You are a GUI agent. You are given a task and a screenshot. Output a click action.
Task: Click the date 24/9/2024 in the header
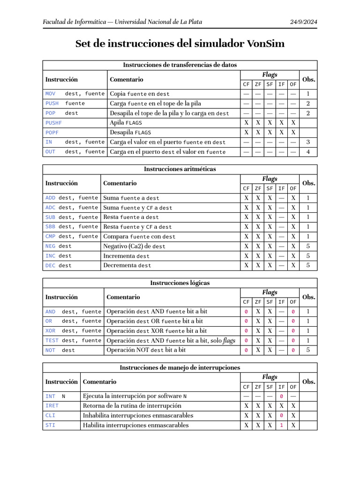tap(304, 22)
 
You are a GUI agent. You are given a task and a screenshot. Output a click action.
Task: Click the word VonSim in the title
tap(264, 44)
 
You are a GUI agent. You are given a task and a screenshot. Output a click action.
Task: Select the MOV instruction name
tap(50, 94)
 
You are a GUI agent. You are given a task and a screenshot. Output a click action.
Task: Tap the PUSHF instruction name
tap(53, 123)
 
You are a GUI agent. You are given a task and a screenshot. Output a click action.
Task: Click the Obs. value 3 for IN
tap(308, 142)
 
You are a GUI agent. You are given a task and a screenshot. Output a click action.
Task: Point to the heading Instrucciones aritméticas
tap(180, 169)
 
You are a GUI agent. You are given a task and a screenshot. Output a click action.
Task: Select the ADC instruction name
tap(50, 208)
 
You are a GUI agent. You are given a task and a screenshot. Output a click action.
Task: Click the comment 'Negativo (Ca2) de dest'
tap(134, 246)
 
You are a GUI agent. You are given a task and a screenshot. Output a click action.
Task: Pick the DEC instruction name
tap(50, 265)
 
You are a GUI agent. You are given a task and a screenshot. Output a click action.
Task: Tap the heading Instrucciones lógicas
tap(180, 283)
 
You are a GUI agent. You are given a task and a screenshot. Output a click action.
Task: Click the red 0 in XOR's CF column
tap(246, 331)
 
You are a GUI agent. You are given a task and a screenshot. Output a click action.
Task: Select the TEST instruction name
tap(52, 341)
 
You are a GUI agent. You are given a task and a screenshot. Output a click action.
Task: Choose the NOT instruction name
tap(50, 350)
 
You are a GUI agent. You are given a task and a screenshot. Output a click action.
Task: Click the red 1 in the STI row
tap(281, 426)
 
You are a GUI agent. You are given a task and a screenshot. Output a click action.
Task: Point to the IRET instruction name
tap(52, 406)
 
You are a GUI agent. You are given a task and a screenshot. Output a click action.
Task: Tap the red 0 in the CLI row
tap(281, 416)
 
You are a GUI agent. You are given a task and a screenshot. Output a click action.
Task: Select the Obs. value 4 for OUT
tap(308, 152)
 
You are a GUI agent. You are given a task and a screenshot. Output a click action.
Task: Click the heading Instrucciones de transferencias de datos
tap(180, 65)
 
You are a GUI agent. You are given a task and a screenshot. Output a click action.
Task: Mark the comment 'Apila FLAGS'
tap(126, 123)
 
